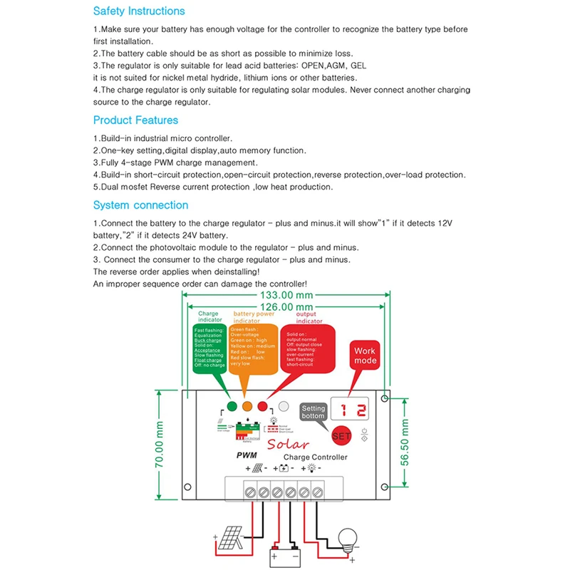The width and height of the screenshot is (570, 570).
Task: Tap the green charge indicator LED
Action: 231,407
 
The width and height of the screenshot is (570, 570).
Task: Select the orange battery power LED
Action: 247,407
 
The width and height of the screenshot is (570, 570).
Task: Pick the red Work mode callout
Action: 365,356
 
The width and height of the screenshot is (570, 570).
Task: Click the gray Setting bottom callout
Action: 313,412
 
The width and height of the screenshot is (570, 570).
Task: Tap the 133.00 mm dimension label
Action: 287,295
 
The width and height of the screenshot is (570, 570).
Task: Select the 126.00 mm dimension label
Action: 287,306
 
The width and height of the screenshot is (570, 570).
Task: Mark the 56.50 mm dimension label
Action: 404,442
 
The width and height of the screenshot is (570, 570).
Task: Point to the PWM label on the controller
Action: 246,455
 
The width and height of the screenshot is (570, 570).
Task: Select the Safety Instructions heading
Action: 139,11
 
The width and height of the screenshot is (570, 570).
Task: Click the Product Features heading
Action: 135,120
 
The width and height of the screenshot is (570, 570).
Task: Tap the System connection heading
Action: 140,205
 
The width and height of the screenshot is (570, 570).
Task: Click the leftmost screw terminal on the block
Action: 250,492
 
